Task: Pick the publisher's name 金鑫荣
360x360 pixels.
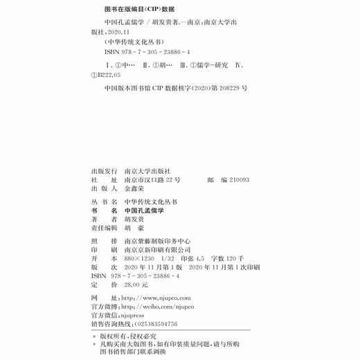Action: (x=137, y=188)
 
